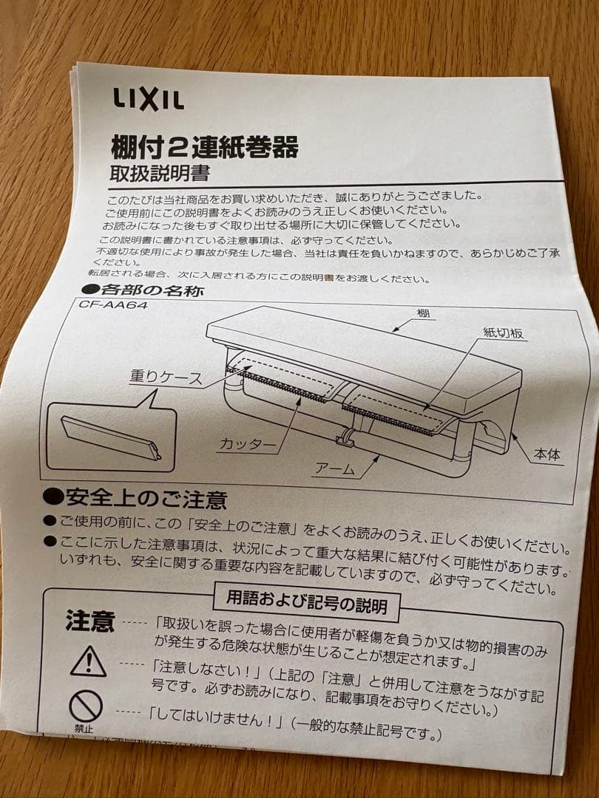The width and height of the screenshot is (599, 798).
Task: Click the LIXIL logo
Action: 148,99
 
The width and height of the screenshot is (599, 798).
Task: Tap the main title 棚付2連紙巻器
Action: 205,147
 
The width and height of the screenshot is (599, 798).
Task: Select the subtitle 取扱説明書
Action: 160,174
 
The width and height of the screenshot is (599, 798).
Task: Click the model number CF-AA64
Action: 113,305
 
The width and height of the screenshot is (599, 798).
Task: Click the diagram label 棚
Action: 423,313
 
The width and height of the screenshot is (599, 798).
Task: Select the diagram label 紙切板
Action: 504,332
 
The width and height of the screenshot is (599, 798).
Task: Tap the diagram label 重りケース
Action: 166,377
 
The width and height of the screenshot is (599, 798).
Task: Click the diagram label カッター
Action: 248,444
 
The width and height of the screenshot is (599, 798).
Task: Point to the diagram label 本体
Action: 547,454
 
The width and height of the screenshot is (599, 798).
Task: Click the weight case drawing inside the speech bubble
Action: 111,437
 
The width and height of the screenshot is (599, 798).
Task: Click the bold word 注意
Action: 90,621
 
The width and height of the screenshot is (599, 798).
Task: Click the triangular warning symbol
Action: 89,661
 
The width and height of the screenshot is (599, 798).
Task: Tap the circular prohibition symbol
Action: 86,706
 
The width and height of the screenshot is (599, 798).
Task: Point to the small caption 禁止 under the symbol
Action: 84,729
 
